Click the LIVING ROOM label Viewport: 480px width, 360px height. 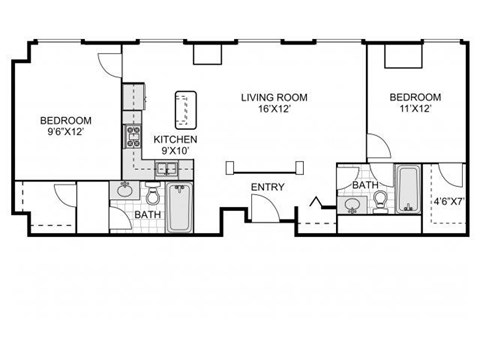(x=273, y=97)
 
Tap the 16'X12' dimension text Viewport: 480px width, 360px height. (x=273, y=110)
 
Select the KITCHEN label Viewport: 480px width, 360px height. (x=175, y=139)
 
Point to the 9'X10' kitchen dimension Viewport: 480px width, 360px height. (x=175, y=151)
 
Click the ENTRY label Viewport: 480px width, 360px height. (x=267, y=187)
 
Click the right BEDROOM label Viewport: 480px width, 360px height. (x=411, y=97)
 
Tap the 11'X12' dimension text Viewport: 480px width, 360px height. (x=411, y=110)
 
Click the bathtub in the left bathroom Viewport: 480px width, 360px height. (x=181, y=206)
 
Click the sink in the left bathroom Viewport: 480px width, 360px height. (x=127, y=190)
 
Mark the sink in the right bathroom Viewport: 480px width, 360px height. (x=352, y=205)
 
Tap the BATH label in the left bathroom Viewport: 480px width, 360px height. (x=147, y=215)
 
